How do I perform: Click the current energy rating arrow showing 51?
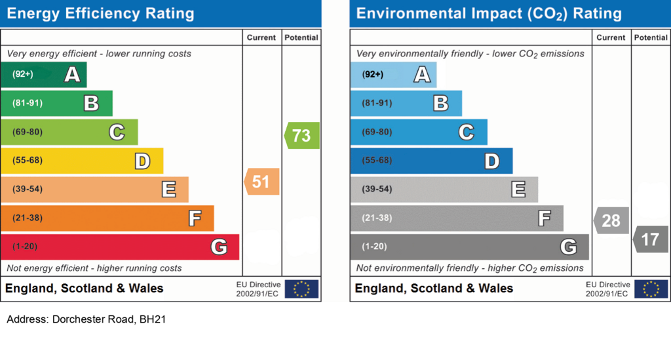coord(262,182)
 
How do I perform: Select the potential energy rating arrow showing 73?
coord(302,135)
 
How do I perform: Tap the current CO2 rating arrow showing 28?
coord(612,220)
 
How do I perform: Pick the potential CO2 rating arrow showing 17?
coord(651,239)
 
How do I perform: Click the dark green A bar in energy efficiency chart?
coord(43,75)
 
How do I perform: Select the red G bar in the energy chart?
coord(119,247)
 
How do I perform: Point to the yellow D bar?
coord(81,161)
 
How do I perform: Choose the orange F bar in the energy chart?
coord(107,218)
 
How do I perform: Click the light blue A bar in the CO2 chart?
coord(393,75)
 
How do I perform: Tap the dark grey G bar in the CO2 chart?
coord(469,247)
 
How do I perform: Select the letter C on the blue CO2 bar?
coord(466,132)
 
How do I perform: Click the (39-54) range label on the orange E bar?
coord(27,190)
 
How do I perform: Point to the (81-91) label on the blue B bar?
coord(377,103)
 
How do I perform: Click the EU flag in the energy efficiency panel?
coord(301,289)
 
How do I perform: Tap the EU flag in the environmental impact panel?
coord(651,289)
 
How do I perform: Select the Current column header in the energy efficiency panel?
coord(261,38)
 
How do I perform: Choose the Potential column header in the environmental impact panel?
coord(651,38)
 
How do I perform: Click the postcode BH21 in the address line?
coord(145,320)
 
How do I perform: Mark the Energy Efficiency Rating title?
coord(100,14)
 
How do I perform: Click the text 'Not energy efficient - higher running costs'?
coord(94,268)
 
